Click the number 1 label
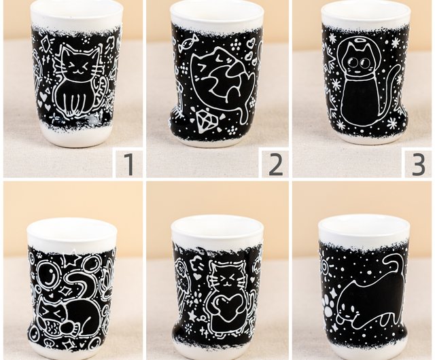[x=128, y=164]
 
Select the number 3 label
[x=419, y=164]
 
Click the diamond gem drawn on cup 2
[x=205, y=120]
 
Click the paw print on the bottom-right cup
[x=330, y=305]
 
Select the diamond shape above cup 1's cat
[x=46, y=43]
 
